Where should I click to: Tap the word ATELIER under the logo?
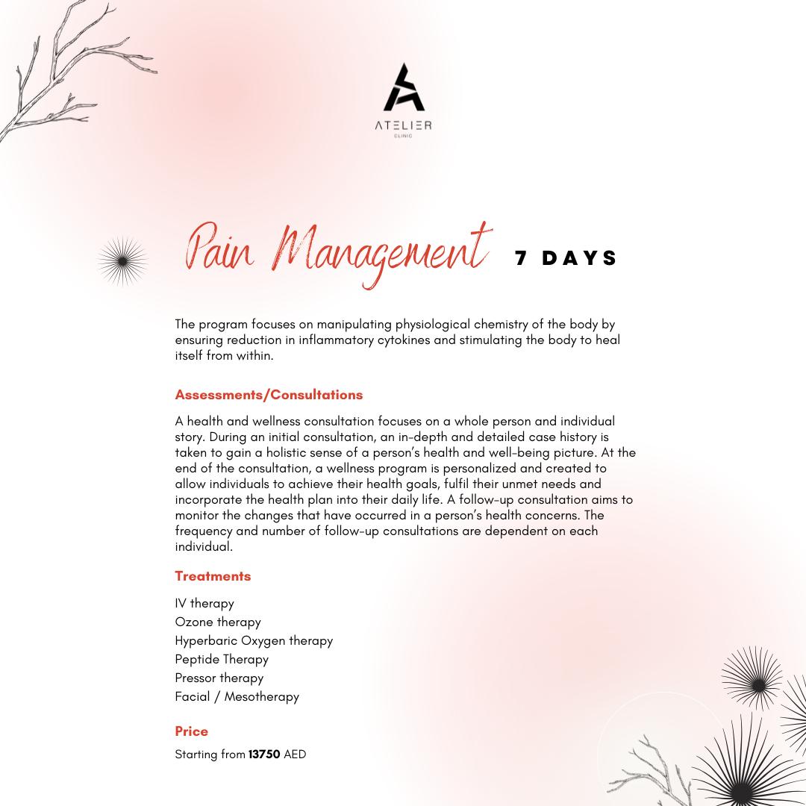pos(403,125)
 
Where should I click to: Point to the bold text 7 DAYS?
pos(566,258)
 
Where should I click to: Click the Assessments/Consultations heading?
pos(269,395)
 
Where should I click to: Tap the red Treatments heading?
pos(213,576)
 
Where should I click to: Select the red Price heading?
pos(191,731)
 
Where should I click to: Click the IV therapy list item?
pos(204,603)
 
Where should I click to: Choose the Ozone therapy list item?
pos(218,622)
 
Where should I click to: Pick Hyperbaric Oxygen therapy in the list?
pos(254,640)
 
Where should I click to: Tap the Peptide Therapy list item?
pos(222,659)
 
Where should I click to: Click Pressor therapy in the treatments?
pos(219,678)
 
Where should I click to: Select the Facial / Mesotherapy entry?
pos(237,696)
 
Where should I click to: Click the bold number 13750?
pos(264,755)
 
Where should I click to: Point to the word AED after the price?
pos(295,755)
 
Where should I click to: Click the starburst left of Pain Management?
pos(122,261)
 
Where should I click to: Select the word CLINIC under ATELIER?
pos(403,136)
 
